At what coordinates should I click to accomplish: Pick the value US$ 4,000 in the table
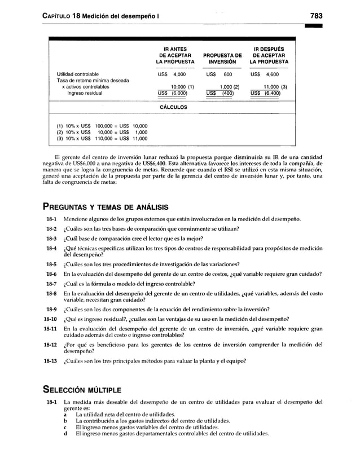point(172,74)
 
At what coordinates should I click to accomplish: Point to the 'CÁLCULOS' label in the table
point(173,107)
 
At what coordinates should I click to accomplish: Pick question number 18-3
point(51,238)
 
